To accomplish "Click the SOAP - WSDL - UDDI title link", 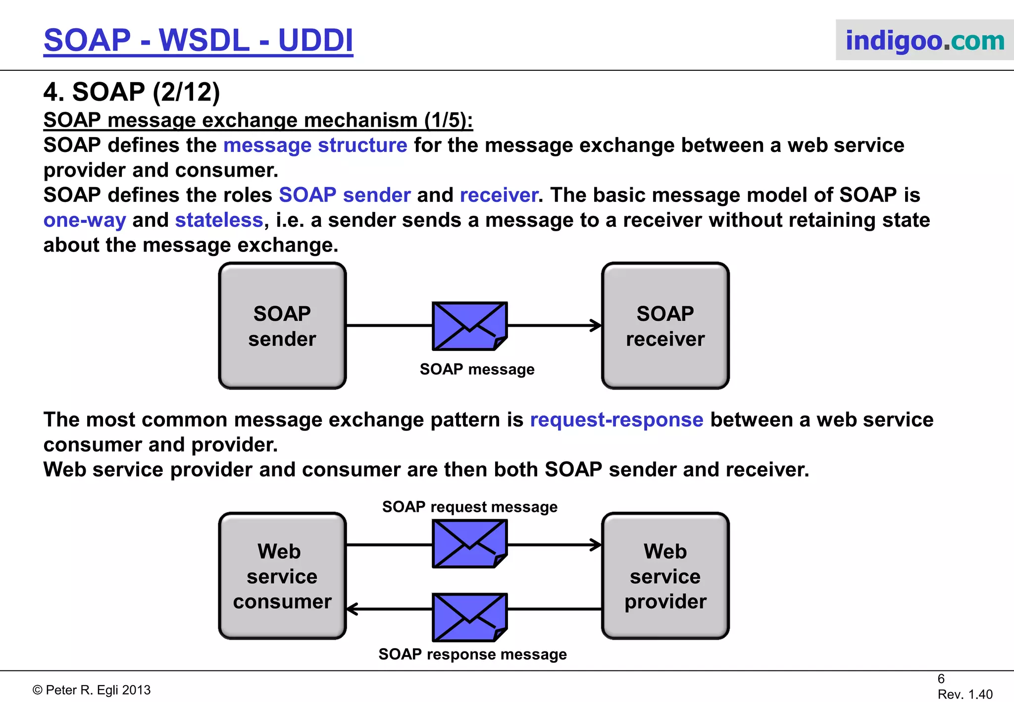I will pyautogui.click(x=198, y=41).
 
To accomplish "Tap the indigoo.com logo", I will pyautogui.click(x=924, y=41).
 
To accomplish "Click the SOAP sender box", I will pyautogui.click(x=282, y=326).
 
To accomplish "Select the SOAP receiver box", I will pyautogui.click(x=665, y=326).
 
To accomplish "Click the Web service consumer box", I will pyautogui.click(x=282, y=576).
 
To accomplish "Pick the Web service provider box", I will pyautogui.click(x=665, y=576).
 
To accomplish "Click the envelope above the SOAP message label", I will pyautogui.click(x=469, y=326).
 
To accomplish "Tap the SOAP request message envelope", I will pyautogui.click(x=469, y=544).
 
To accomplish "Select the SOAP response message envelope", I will pyautogui.click(x=469, y=617).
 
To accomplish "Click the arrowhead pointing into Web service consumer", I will pyautogui.click(x=352, y=609).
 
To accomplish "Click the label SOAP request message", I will pyautogui.click(x=469, y=507).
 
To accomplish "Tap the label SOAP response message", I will pyautogui.click(x=472, y=654).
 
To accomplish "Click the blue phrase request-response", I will pyautogui.click(x=616, y=420).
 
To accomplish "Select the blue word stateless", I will pyautogui.click(x=219, y=220).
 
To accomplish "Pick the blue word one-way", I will pyautogui.click(x=85, y=220).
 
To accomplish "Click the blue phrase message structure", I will pyautogui.click(x=315, y=145).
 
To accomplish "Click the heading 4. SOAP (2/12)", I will pyautogui.click(x=132, y=92).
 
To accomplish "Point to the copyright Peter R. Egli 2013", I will pyautogui.click(x=92, y=690).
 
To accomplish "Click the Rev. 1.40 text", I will pyautogui.click(x=964, y=694).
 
